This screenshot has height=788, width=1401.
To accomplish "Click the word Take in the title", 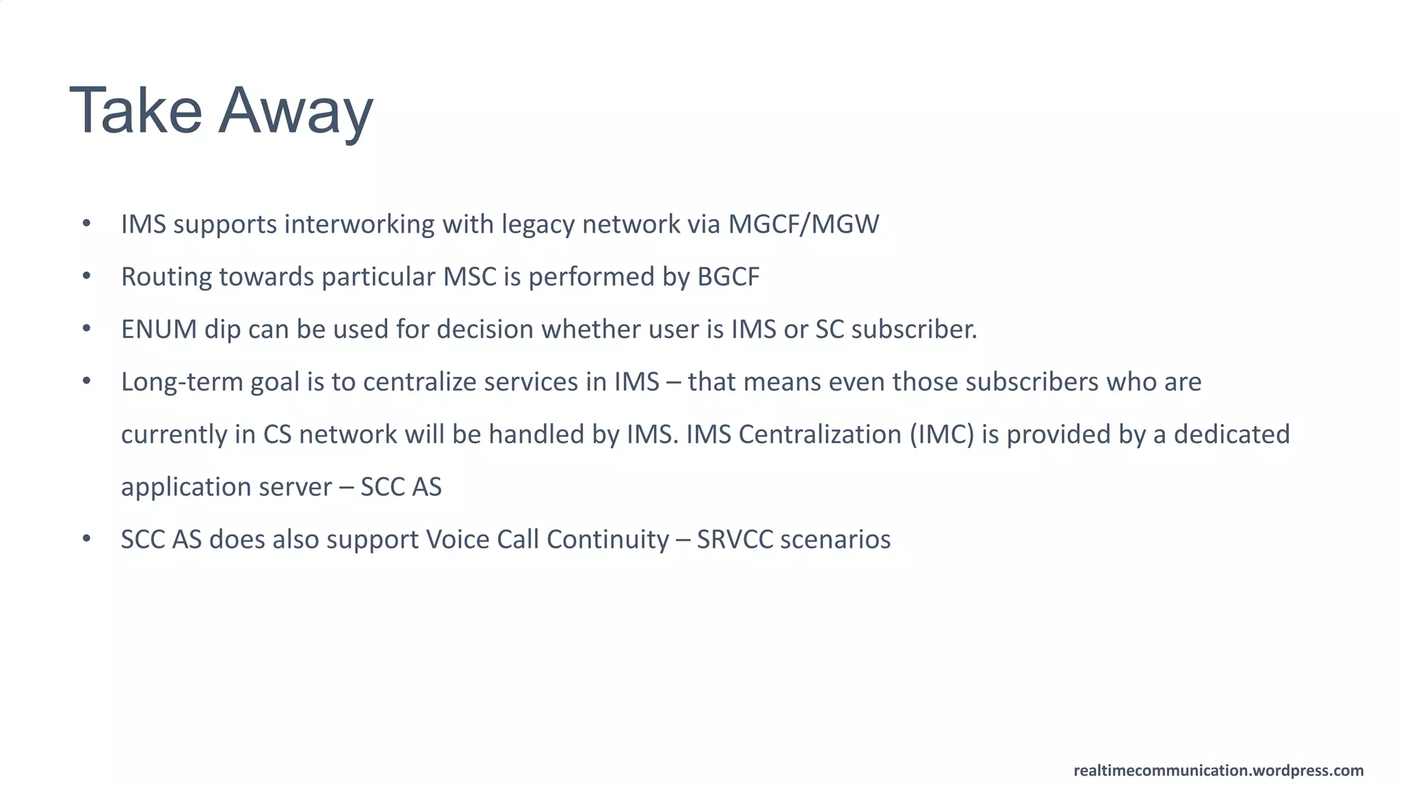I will click(x=135, y=111).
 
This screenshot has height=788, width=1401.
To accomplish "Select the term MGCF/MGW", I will click(x=803, y=224).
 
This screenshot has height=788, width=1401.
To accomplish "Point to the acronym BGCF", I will click(x=728, y=277).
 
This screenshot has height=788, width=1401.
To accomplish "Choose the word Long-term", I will click(x=182, y=382).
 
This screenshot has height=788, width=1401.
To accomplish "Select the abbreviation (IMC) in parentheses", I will click(x=941, y=434).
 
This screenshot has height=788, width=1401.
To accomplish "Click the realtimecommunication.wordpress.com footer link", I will click(x=1218, y=770).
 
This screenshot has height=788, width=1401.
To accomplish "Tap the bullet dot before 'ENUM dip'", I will click(x=86, y=329).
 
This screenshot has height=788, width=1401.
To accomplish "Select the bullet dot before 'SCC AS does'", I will click(x=86, y=539).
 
